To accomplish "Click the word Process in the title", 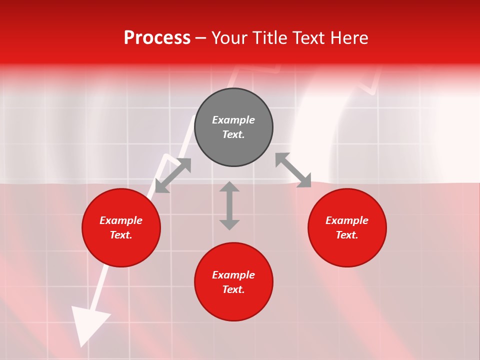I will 157,38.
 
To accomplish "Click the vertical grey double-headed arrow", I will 229,205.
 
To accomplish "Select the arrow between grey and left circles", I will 173,175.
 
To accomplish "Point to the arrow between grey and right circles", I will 293,170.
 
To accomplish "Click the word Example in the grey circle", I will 233,120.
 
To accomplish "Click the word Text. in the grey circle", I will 233,134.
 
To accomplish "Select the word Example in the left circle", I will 121,220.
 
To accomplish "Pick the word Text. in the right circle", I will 347,235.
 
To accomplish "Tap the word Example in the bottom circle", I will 233,275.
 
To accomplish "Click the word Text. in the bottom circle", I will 233,289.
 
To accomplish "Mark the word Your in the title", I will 230,38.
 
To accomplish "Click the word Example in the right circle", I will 347,220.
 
